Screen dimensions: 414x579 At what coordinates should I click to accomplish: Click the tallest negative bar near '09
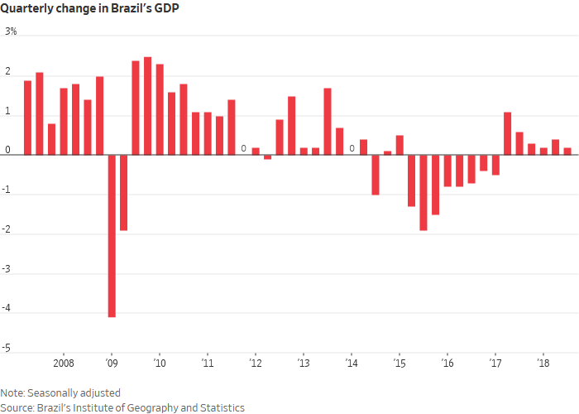(x=112, y=236)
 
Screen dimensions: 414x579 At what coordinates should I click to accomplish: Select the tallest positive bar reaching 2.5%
(x=147, y=105)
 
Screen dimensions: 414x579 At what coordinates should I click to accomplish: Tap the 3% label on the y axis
(x=12, y=32)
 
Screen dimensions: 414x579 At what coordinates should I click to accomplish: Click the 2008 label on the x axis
(x=64, y=363)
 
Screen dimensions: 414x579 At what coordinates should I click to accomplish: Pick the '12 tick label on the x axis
(x=256, y=363)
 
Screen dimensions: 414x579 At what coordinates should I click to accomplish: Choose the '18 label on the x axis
(x=543, y=363)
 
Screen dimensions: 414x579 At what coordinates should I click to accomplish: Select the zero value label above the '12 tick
(x=243, y=149)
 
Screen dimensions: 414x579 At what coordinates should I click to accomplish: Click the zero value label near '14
(x=352, y=149)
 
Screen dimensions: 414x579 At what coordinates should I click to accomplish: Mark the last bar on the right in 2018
(x=567, y=151)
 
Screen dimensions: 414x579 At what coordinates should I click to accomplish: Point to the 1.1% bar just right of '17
(x=507, y=133)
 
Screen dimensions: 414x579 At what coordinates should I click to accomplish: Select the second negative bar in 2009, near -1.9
(x=123, y=192)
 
